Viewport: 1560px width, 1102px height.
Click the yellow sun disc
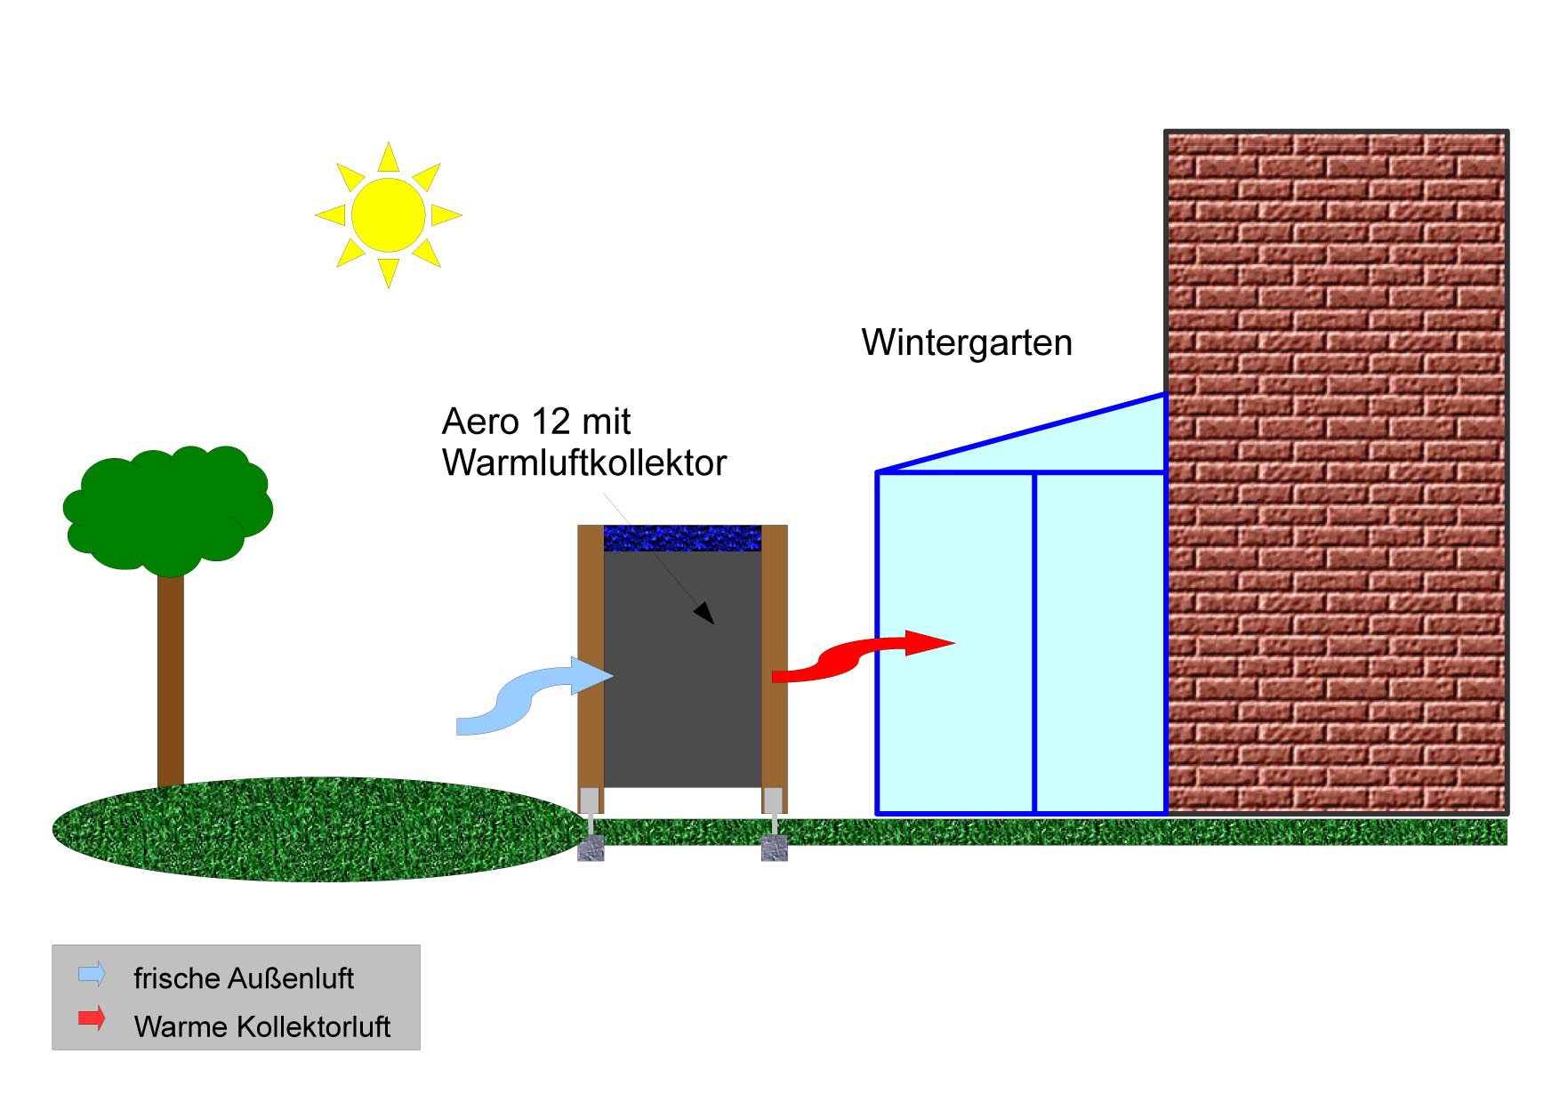click(389, 214)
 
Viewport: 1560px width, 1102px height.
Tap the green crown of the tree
click(167, 509)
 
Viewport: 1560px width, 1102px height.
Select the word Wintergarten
click(967, 342)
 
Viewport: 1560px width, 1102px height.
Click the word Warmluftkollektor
click(584, 463)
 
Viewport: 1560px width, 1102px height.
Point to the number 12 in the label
click(549, 422)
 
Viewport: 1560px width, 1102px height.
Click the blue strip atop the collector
click(682, 538)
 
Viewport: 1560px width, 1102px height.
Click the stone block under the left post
click(591, 848)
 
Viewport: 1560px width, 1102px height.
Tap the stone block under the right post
click(775, 848)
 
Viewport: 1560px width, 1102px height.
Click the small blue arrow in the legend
click(92, 974)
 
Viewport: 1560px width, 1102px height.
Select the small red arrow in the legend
click(92, 1018)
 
